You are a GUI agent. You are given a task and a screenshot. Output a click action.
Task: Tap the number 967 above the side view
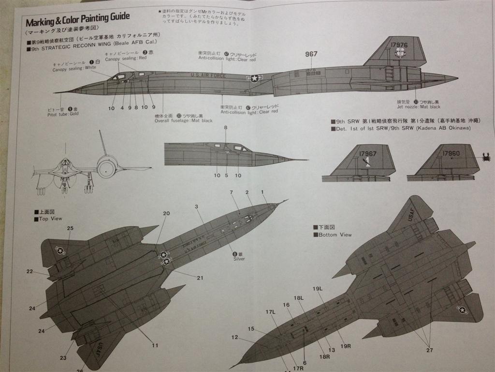[x=311, y=54]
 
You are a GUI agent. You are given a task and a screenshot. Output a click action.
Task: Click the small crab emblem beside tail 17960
[x=485, y=156]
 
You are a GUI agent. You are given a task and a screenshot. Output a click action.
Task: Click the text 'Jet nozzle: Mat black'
[x=419, y=107]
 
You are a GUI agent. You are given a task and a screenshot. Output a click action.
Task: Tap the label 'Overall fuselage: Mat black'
[x=184, y=121]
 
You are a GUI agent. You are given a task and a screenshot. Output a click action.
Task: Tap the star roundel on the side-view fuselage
[x=254, y=78]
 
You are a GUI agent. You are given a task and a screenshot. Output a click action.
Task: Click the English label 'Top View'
[x=50, y=219]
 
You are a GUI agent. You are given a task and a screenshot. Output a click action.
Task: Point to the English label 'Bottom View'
[x=335, y=235]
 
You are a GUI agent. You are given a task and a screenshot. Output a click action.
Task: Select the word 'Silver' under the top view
[x=239, y=259]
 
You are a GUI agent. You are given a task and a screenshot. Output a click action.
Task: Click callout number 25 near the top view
[x=70, y=228]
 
